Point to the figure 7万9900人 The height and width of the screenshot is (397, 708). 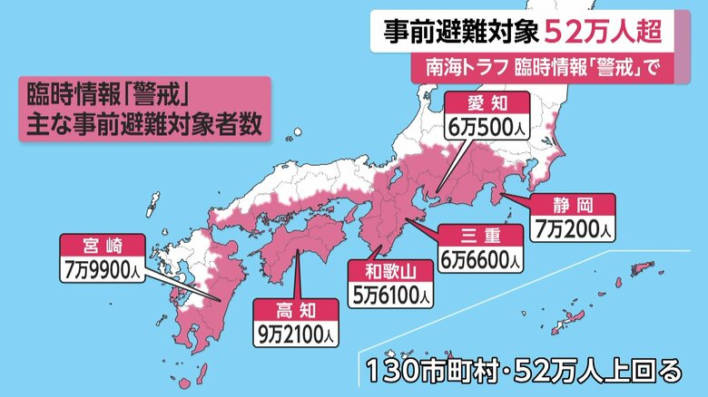[x=101, y=268]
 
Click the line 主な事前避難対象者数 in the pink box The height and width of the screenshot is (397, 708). [x=141, y=125]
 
